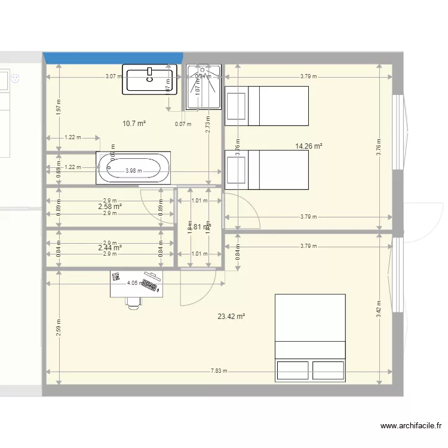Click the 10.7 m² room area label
point(134,124)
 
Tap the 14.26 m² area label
point(309,146)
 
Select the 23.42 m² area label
point(231,317)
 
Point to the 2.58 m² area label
point(110,206)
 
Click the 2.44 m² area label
point(110,247)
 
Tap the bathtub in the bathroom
point(133,169)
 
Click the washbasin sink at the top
point(150,79)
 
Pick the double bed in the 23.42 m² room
point(309,337)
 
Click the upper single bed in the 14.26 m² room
point(266,106)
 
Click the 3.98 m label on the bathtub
point(133,171)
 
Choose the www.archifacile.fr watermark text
point(411,426)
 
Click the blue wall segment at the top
point(113,58)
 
